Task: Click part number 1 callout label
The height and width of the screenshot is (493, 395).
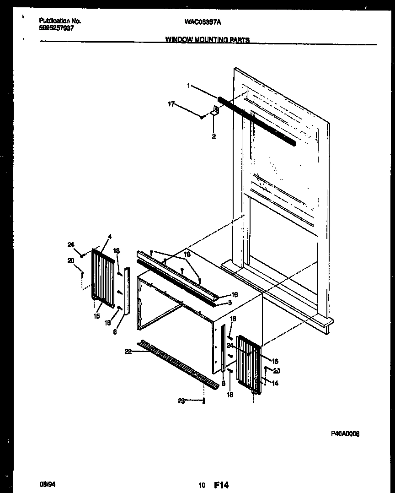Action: [x=188, y=86]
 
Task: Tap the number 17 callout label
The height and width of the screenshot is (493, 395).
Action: [x=171, y=104]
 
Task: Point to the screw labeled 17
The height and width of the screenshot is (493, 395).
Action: [x=202, y=118]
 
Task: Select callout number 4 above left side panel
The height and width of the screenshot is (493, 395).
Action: [x=110, y=237]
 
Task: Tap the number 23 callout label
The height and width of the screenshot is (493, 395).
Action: [x=181, y=401]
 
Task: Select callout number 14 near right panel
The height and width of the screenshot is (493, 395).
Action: [x=275, y=384]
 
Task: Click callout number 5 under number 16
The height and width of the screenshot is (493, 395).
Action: [x=230, y=303]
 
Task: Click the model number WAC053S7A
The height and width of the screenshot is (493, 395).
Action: [x=205, y=21]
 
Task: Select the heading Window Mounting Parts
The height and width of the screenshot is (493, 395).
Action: [x=207, y=40]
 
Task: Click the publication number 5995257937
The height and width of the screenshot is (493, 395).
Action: [x=57, y=27]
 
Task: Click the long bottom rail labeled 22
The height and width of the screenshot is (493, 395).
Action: [x=178, y=364]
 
